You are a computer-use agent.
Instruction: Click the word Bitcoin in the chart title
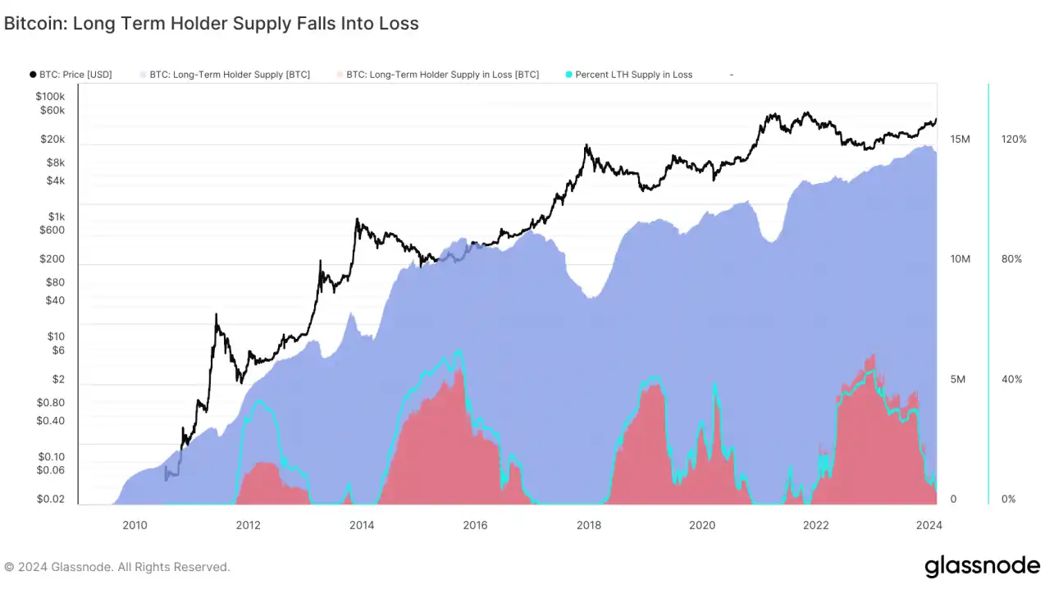(34, 24)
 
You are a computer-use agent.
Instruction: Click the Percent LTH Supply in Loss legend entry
(633, 75)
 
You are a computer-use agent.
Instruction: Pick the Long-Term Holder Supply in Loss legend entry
(442, 75)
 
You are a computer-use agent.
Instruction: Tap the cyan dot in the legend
(568, 75)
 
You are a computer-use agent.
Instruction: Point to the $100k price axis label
(50, 96)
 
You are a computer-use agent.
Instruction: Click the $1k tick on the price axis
(56, 217)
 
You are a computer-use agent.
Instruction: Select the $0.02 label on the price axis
(50, 499)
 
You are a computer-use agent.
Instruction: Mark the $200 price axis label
(52, 259)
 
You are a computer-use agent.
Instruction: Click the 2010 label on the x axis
(135, 525)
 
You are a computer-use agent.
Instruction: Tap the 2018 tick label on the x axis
(588, 525)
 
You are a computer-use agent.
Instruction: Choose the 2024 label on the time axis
(929, 525)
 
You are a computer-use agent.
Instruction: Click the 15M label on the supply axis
(960, 139)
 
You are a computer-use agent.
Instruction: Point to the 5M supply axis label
(960, 380)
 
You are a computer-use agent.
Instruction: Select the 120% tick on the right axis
(1014, 139)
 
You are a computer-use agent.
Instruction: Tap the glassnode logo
(982, 567)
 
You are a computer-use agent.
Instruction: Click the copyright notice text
(117, 567)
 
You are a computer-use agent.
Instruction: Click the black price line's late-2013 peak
(357, 219)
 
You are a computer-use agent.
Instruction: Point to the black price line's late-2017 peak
(586, 145)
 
